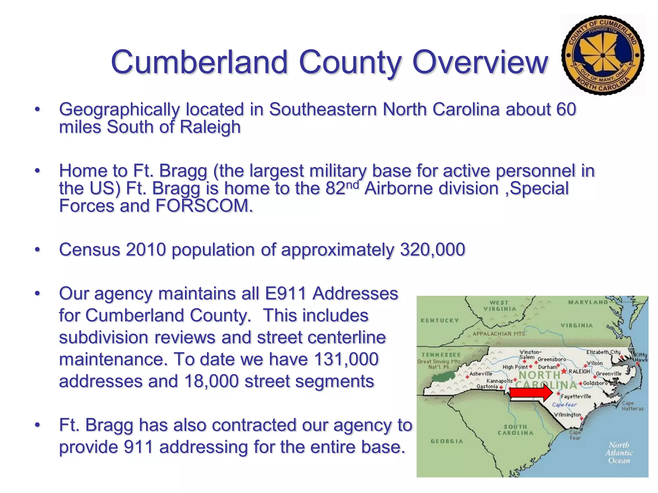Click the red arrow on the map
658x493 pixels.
531,393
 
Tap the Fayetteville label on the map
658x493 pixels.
576,396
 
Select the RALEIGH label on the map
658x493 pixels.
579,371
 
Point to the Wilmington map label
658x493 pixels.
567,414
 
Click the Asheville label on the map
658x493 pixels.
481,374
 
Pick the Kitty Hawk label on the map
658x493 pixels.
641,357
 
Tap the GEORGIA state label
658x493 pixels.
447,441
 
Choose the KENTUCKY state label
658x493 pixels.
440,320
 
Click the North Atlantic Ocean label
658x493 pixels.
619,453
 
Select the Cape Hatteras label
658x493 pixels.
632,406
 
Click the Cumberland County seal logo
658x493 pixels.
603,55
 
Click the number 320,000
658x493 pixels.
432,249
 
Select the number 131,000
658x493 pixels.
346,359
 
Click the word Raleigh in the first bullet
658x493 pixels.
210,127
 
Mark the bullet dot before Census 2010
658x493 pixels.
38,249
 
